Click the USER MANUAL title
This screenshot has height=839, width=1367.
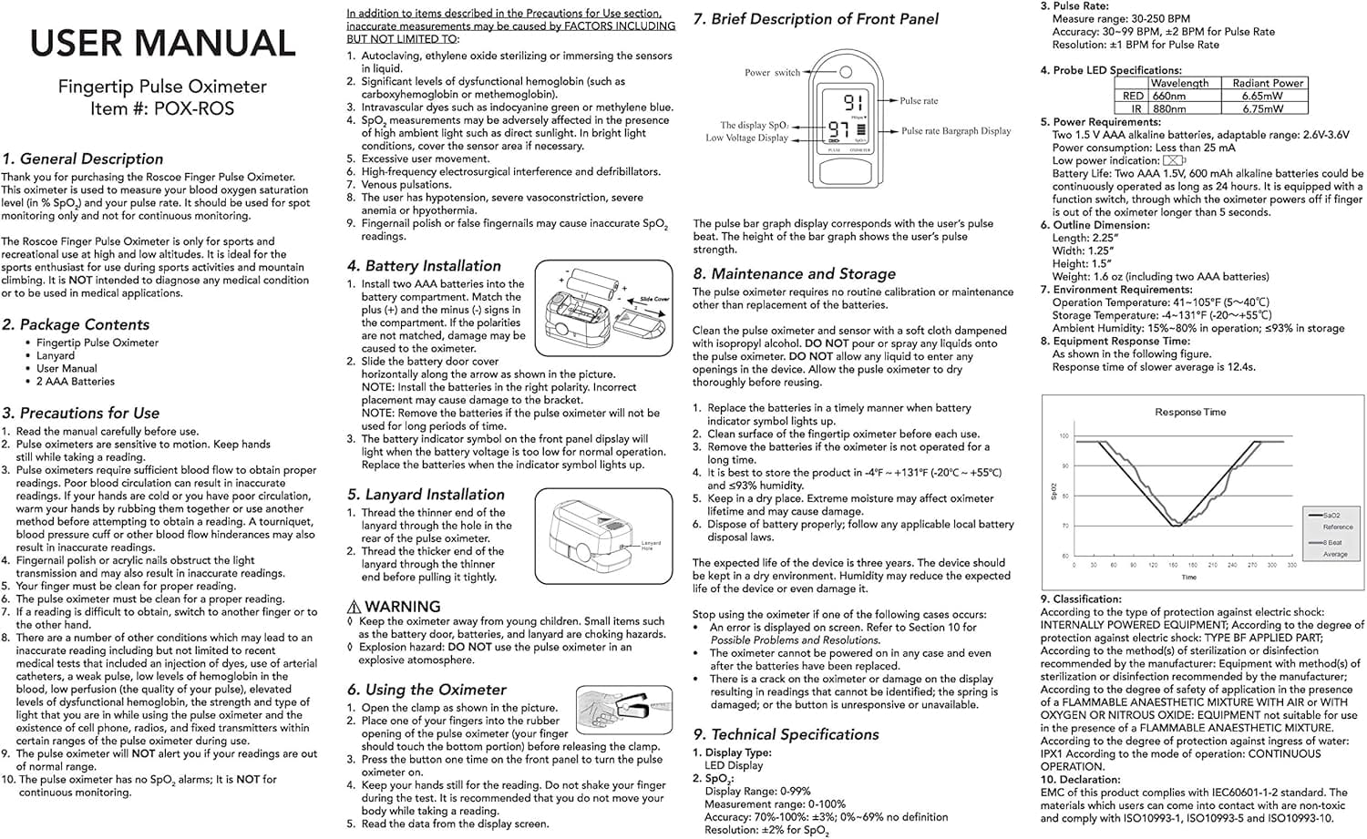coord(162,44)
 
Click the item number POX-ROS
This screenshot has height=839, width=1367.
coord(194,109)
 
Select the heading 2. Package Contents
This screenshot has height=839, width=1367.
coord(76,324)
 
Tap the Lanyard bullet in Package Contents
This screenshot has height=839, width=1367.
coord(56,355)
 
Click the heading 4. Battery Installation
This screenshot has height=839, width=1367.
coord(424,266)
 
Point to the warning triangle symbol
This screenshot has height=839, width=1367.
coord(355,607)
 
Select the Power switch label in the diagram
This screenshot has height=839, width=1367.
coord(772,73)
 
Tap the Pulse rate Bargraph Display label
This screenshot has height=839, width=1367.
coord(956,131)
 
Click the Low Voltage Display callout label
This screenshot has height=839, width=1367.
coord(746,138)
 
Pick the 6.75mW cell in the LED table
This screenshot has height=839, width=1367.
coord(1262,108)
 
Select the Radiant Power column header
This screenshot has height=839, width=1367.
coord(1268,83)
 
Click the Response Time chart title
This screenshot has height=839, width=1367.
coord(1190,412)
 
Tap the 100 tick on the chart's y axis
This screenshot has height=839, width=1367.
coord(1063,436)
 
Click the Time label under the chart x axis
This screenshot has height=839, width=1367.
coord(1188,578)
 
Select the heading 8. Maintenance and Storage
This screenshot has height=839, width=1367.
coord(794,273)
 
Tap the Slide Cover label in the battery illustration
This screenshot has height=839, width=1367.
coord(654,299)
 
